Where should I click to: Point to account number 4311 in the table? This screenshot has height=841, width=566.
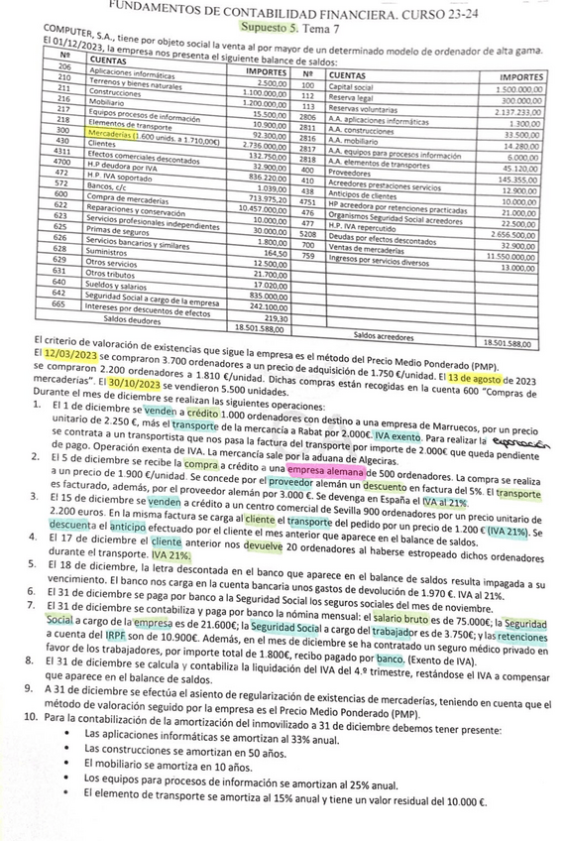[x=62, y=151]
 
